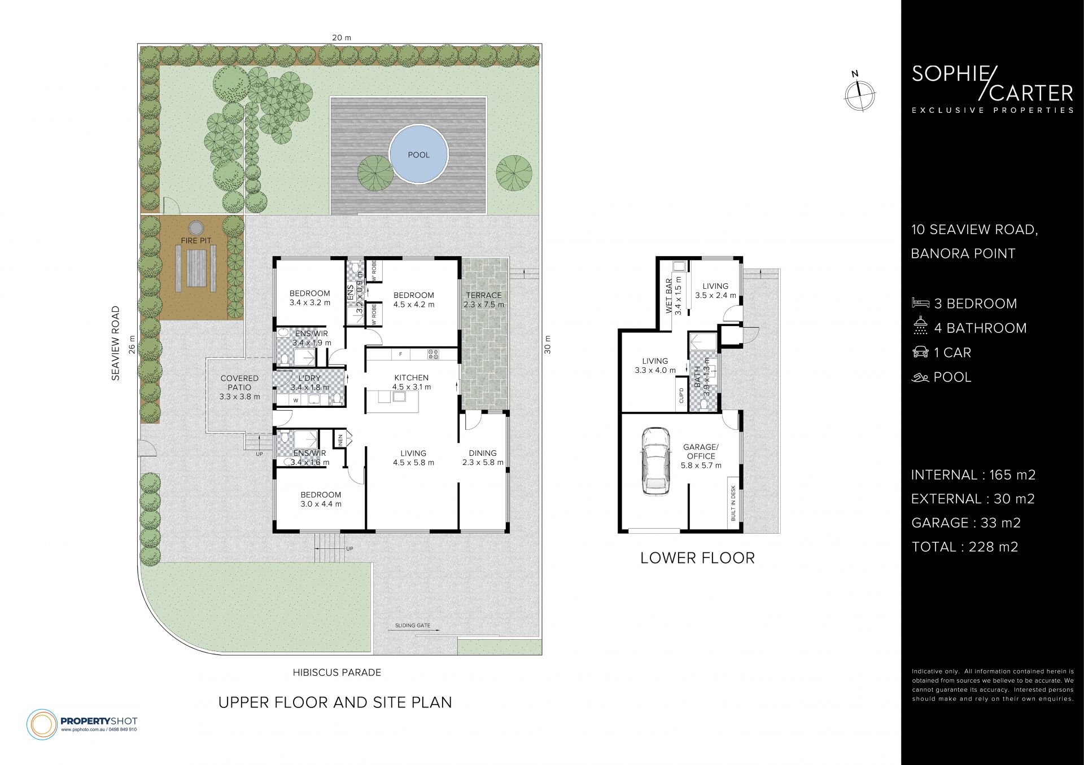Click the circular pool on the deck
[418, 154]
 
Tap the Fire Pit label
[196, 241]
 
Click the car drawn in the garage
[656, 460]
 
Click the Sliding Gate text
[413, 625]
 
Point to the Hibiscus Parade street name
[337, 672]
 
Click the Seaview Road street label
[116, 343]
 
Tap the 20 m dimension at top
[341, 38]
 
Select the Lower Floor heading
[697, 559]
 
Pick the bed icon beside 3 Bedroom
[920, 303]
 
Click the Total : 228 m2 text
[964, 547]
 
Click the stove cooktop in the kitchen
[434, 354]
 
